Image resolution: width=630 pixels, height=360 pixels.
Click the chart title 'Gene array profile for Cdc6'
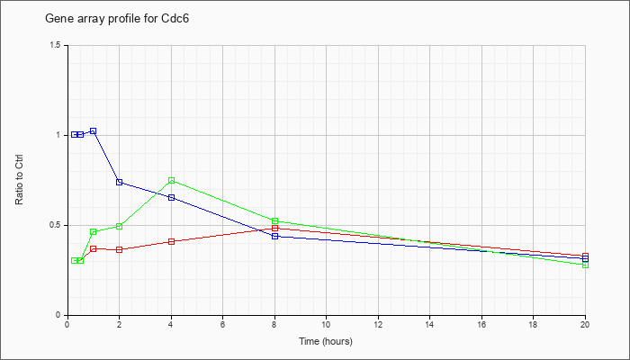(117, 19)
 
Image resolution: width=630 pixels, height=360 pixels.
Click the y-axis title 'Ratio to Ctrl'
(19, 180)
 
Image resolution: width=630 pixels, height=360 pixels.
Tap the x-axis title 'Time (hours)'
(326, 341)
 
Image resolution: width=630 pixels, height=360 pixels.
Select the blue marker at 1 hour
(94, 131)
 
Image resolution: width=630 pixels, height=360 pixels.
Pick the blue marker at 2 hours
(120, 182)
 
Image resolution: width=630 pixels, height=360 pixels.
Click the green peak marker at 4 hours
(172, 180)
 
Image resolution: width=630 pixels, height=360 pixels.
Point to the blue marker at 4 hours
(172, 197)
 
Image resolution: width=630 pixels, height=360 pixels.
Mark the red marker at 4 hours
(172, 241)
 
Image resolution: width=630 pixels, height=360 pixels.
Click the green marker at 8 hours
(274, 221)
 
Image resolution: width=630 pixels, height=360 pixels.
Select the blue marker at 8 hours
(274, 236)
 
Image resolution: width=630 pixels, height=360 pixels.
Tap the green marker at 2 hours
(120, 226)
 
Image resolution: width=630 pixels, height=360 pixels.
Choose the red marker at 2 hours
(120, 249)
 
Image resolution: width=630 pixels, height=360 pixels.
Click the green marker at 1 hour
(94, 232)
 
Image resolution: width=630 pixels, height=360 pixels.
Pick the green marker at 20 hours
(585, 265)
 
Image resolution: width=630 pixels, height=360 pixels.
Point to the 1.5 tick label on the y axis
(57, 45)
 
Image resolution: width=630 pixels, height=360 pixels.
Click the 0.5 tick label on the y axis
(57, 225)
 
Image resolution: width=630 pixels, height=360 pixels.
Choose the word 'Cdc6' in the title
(175, 19)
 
